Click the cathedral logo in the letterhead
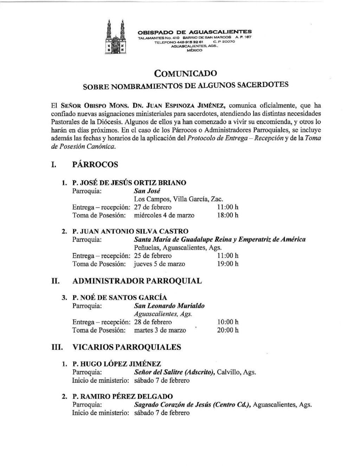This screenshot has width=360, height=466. tap(115, 37)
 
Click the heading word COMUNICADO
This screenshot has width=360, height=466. tap(186, 73)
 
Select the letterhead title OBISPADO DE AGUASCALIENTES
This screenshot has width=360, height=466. tap(194, 32)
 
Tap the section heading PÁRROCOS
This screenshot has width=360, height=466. tap(95, 164)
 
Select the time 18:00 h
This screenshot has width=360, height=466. tap(227, 215)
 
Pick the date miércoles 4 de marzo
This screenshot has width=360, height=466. tap(164, 215)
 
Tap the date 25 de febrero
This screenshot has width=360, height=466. tap(153, 256)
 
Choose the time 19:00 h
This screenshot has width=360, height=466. tap(227, 263)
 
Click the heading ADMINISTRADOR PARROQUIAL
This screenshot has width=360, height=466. tap(137, 281)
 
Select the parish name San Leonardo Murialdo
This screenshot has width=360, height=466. tap(169, 306)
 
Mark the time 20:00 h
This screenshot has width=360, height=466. tap(227, 330)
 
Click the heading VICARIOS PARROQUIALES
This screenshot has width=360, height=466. tap(127, 347)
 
